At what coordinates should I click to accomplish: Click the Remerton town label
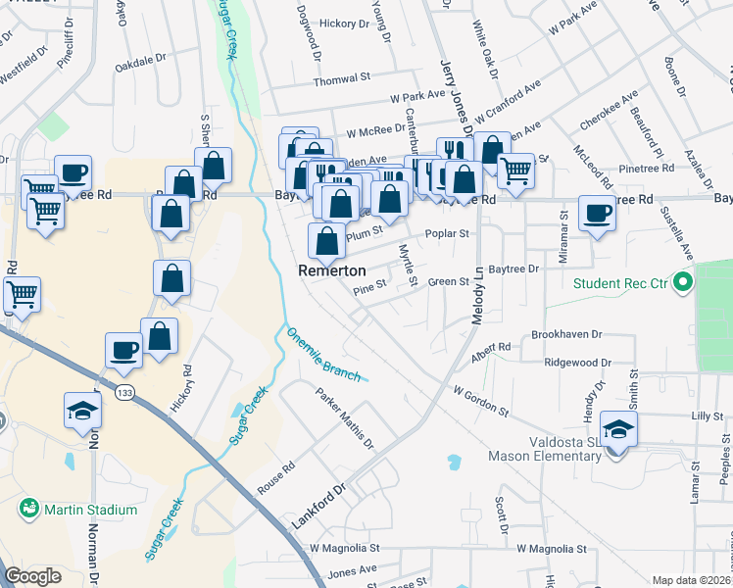pos(331,269)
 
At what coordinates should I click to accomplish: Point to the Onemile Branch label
pos(323,354)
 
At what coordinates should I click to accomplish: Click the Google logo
pos(33,576)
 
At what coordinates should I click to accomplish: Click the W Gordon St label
pos(480,401)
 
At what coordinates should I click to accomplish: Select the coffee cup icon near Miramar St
pos(596,214)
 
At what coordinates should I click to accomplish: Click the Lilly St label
pos(707,416)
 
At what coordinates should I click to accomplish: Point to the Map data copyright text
pos(691,580)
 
